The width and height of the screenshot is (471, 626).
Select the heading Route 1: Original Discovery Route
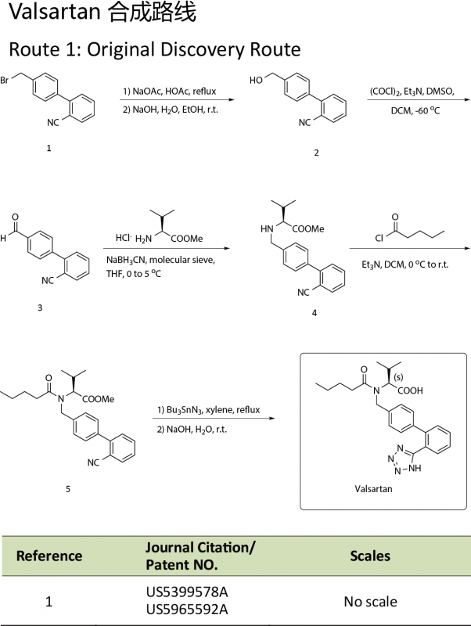coord(154,49)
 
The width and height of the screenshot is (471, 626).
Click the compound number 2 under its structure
coord(316,153)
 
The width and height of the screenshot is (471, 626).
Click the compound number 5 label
coord(68,489)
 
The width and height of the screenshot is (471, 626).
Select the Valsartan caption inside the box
coord(373,487)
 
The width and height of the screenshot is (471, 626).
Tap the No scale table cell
coord(371,602)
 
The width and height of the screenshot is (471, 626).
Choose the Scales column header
coord(371,556)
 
